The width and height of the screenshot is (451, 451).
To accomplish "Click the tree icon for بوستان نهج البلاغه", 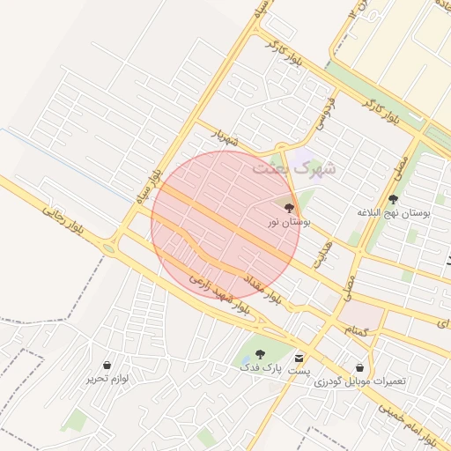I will (393, 199).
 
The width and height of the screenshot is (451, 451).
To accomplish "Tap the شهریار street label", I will (225, 138).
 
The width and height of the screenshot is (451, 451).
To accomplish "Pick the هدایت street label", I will (322, 254).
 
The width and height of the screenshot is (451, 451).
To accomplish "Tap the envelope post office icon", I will (301, 359).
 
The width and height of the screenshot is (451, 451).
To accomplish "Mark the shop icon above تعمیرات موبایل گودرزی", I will (359, 367).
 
